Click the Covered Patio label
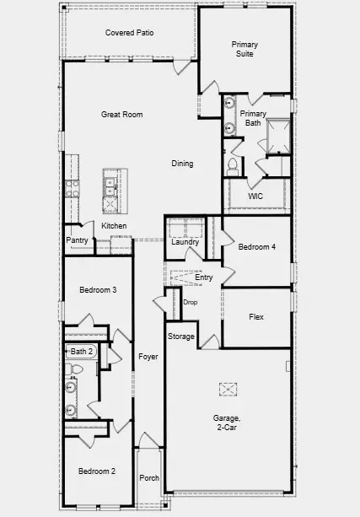[129, 33]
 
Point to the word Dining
[182, 164]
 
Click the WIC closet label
[256, 196]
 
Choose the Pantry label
[78, 240]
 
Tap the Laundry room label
[185, 242]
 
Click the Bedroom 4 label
[256, 247]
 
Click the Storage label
[180, 337]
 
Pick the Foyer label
[148, 357]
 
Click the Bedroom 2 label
[97, 471]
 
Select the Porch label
[149, 477]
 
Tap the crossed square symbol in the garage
[228, 389]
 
